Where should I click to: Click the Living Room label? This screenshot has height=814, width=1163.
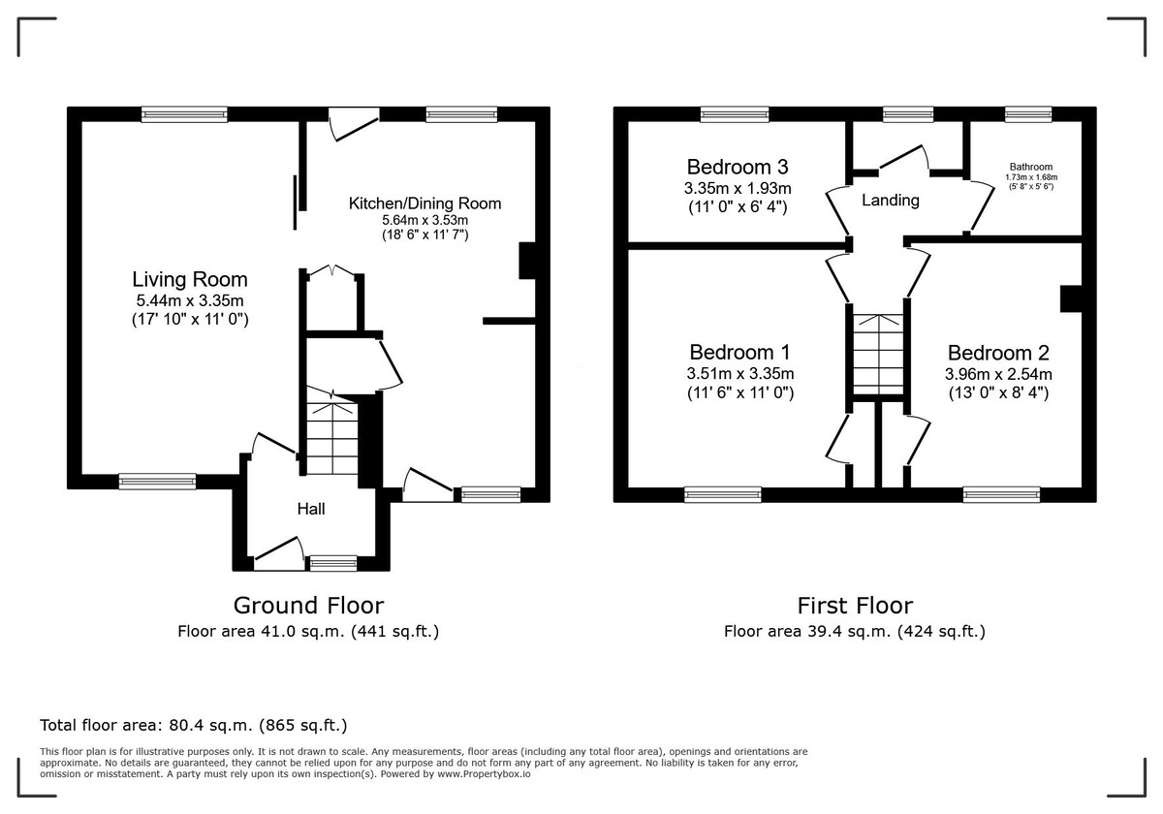coord(190,280)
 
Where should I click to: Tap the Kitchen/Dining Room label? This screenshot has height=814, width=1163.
coord(424,203)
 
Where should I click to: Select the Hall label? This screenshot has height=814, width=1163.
coord(310,510)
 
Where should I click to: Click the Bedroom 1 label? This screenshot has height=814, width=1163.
coord(740,352)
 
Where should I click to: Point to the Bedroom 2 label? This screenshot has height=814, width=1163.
coord(998,354)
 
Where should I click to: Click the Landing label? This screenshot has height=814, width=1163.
coord(890,201)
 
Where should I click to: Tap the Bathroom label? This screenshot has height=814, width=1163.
coord(1029,167)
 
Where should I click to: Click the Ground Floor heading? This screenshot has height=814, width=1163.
coord(308,606)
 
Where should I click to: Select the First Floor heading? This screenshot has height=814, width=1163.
coord(855,606)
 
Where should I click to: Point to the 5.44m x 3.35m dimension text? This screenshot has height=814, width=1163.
coord(190,301)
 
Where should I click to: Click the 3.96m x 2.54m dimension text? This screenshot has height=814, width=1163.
coord(998,374)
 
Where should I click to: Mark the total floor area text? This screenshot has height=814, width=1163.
coord(193,725)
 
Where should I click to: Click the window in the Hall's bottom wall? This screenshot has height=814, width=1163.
coord(332,562)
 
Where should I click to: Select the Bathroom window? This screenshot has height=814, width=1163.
coord(1027,114)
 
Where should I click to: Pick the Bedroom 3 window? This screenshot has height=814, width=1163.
coord(735,114)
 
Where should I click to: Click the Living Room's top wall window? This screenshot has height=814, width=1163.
coord(184,114)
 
